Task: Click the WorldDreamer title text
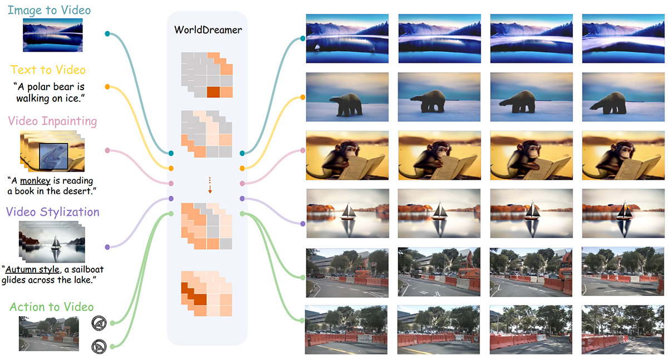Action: (207, 29)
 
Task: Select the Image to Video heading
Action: (50, 10)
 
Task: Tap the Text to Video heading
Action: (48, 70)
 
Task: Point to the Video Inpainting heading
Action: (52, 121)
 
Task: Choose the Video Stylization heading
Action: (53, 212)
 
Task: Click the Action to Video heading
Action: (52, 307)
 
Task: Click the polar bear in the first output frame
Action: (346, 103)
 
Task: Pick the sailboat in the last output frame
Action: (622, 213)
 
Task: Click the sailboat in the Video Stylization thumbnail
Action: (56, 245)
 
